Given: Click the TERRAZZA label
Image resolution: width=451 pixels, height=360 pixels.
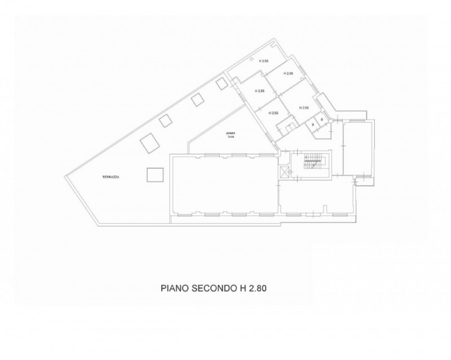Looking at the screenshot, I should pos(111,176).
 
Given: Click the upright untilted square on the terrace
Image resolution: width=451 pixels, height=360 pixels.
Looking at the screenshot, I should pos(155,175).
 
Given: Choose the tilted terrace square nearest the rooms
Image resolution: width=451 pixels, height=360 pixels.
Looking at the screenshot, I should pos(222,83).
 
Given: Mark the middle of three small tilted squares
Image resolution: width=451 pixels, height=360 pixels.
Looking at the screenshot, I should pos(197,99).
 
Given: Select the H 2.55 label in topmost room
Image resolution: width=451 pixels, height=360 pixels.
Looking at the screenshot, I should pos(263,61).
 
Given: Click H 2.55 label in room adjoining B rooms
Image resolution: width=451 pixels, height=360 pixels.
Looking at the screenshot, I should pos(304,108).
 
